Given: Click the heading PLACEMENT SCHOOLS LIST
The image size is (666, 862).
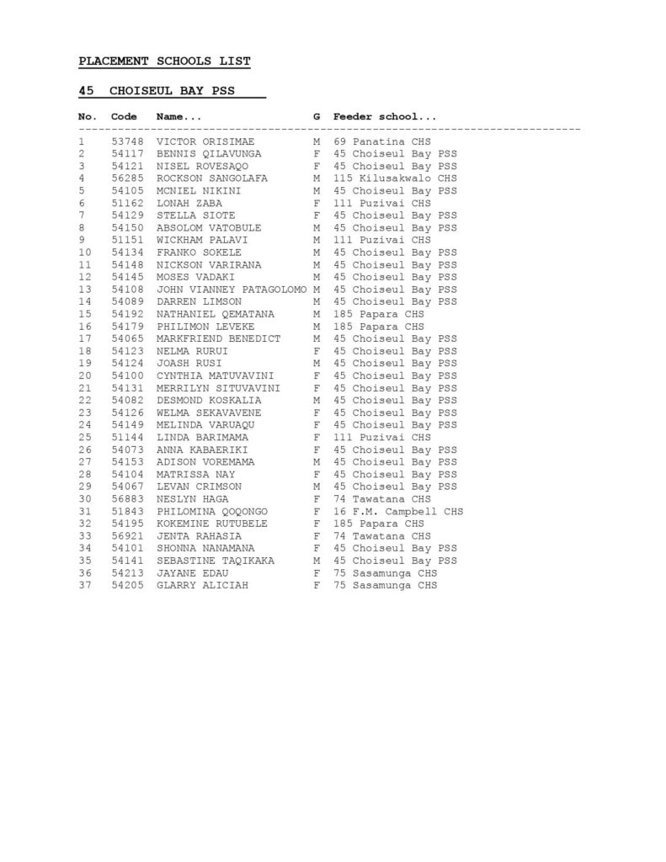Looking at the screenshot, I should (164, 61).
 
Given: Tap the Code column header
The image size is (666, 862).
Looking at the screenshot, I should (124, 116).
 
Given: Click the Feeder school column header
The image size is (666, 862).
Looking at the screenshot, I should (385, 116).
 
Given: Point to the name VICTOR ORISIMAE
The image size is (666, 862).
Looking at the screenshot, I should (205, 141).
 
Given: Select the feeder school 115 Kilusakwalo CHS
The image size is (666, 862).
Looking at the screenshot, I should (395, 178).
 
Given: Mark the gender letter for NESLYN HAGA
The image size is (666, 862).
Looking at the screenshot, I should (317, 499).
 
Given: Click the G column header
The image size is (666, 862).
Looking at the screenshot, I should (317, 116).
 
